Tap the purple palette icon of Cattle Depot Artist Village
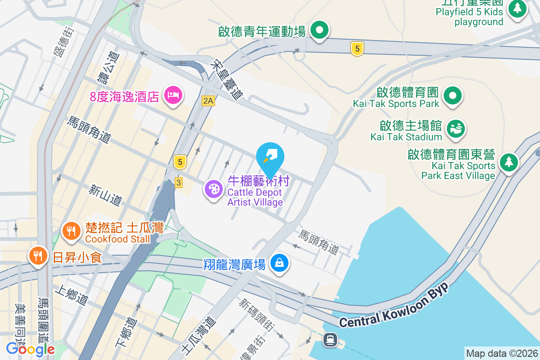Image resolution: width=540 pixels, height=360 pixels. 213,189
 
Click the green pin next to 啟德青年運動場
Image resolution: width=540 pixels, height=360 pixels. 320,31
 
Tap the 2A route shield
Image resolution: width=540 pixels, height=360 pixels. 208,101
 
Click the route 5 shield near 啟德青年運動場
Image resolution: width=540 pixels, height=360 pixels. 357,49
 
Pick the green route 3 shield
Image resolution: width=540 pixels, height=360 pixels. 179,182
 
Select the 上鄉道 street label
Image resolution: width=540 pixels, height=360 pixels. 71,295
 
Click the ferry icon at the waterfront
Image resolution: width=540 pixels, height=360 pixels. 330,339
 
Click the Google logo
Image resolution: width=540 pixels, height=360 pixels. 30,349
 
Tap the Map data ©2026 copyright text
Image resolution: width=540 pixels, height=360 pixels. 502,353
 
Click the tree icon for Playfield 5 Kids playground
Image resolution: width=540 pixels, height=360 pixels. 517,8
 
